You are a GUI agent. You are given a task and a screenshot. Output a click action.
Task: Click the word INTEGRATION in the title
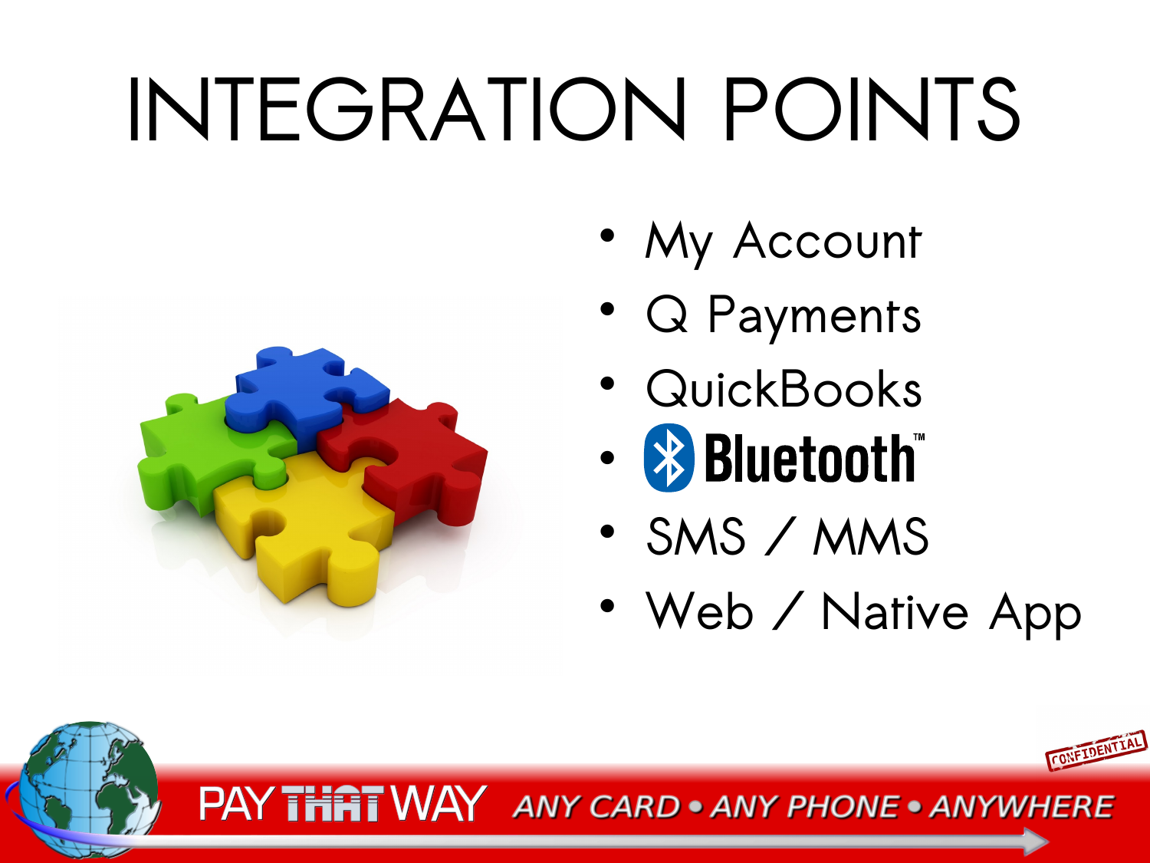click(406, 109)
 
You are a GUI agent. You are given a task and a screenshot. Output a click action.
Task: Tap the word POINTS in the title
click(872, 109)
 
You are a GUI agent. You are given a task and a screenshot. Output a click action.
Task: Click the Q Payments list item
click(784, 316)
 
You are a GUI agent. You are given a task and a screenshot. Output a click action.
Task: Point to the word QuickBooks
click(784, 388)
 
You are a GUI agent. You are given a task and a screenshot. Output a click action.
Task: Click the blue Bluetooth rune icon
click(669, 457)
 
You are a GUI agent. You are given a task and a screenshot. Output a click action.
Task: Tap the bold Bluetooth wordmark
click(814, 457)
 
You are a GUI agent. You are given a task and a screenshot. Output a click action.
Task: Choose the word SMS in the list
click(696, 536)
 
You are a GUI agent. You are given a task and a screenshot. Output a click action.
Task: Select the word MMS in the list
click(869, 536)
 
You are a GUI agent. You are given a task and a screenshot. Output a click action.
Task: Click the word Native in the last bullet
click(895, 611)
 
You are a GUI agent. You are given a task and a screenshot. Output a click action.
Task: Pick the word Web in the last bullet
click(699, 611)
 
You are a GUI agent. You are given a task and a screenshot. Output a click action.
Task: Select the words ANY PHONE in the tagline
click(805, 806)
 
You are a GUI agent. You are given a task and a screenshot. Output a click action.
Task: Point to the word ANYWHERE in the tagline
click(1022, 806)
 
